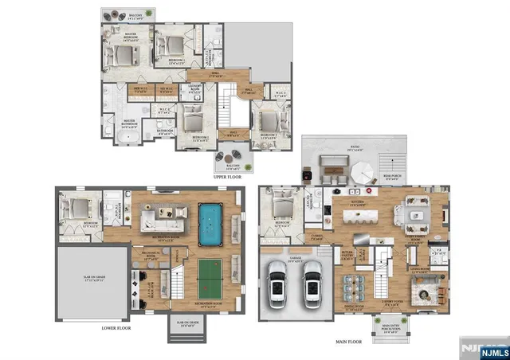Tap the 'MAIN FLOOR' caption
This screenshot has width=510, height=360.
tap(349, 342)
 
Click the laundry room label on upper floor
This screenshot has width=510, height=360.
tap(194, 89)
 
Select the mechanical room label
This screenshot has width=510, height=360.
tap(151, 256)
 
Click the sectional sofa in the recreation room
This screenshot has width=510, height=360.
tap(159, 216)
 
